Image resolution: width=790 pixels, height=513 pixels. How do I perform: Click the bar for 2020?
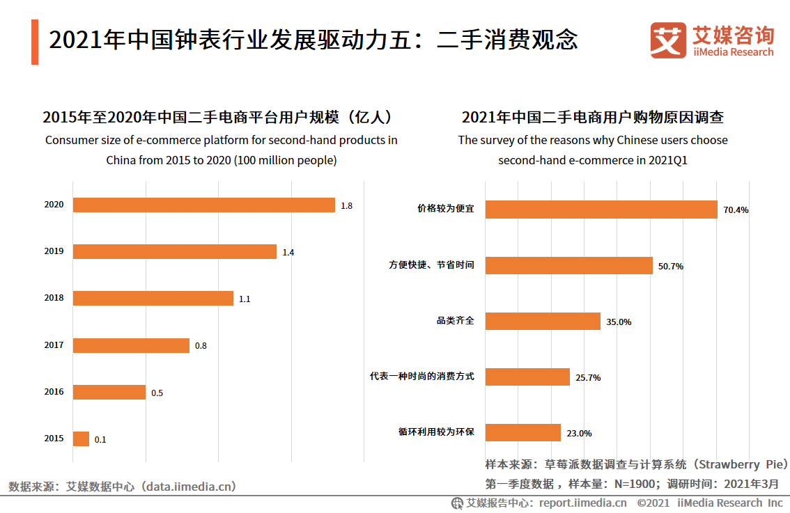203,205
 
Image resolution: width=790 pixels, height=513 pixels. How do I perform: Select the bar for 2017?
131,345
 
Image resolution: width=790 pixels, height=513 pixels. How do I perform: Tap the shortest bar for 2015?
81,439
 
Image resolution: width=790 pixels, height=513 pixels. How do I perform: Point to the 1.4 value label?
288,253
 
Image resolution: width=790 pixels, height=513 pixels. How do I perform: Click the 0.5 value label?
157,393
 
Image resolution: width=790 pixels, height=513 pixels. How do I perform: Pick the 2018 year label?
54,298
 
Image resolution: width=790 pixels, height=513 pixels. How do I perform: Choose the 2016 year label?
54,392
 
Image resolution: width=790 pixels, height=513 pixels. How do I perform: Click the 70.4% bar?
601,210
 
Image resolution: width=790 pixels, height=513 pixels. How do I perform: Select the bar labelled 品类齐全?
543,321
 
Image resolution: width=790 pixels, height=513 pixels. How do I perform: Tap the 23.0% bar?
523,432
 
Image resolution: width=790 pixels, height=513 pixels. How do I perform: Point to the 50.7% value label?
671,266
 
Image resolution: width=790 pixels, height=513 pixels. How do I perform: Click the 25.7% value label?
588,378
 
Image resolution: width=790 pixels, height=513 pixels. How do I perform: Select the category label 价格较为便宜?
446,209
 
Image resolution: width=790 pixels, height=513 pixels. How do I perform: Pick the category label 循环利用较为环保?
432,432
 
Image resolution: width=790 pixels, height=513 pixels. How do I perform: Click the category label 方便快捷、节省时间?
432,265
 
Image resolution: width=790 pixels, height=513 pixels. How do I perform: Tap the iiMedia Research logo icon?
668,41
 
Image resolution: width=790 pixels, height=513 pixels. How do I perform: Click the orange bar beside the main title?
35,42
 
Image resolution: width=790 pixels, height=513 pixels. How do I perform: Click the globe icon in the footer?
458,503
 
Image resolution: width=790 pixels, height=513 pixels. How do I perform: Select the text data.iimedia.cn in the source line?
188,487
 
